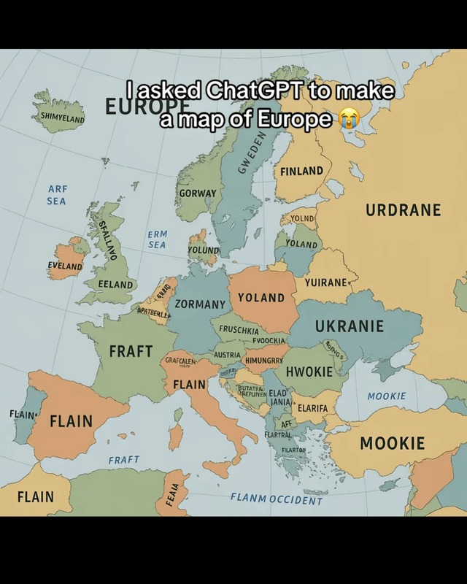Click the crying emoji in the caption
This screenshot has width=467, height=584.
(x=348, y=118)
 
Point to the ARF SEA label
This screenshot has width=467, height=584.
(x=56, y=195)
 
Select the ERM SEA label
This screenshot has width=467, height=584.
(x=157, y=239)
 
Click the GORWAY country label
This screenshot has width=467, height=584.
(x=198, y=193)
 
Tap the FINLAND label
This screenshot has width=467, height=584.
(x=301, y=171)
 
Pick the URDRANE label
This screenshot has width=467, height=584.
(x=403, y=210)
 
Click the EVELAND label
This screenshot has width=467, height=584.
(x=65, y=266)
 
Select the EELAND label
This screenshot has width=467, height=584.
(x=117, y=284)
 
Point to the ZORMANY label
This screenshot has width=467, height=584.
(x=200, y=303)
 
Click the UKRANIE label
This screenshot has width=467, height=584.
(x=349, y=326)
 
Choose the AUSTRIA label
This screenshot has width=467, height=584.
(x=227, y=355)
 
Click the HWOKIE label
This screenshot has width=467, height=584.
(x=309, y=372)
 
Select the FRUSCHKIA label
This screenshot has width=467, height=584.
(x=239, y=330)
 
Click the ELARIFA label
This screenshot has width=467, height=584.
(x=312, y=407)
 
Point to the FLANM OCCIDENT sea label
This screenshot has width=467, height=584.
(x=276, y=499)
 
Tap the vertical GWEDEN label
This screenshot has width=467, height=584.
(x=250, y=154)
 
